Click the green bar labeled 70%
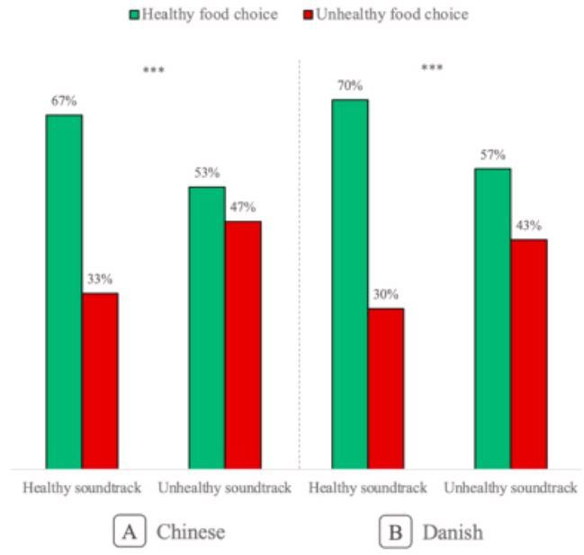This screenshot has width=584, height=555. pos(349,283)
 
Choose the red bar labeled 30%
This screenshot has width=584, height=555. pos(385,388)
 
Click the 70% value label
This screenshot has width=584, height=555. pos(349,86)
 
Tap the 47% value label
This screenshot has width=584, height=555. pos(243,208)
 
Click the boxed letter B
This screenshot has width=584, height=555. pos(396,532)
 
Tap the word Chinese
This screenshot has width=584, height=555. pos(191,532)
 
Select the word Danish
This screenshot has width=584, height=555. pos(452,532)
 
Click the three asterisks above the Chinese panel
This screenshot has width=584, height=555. pos(154,69)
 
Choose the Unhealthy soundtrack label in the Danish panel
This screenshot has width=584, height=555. pos(509,488)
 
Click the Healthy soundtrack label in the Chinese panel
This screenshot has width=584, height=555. pos(82,488)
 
